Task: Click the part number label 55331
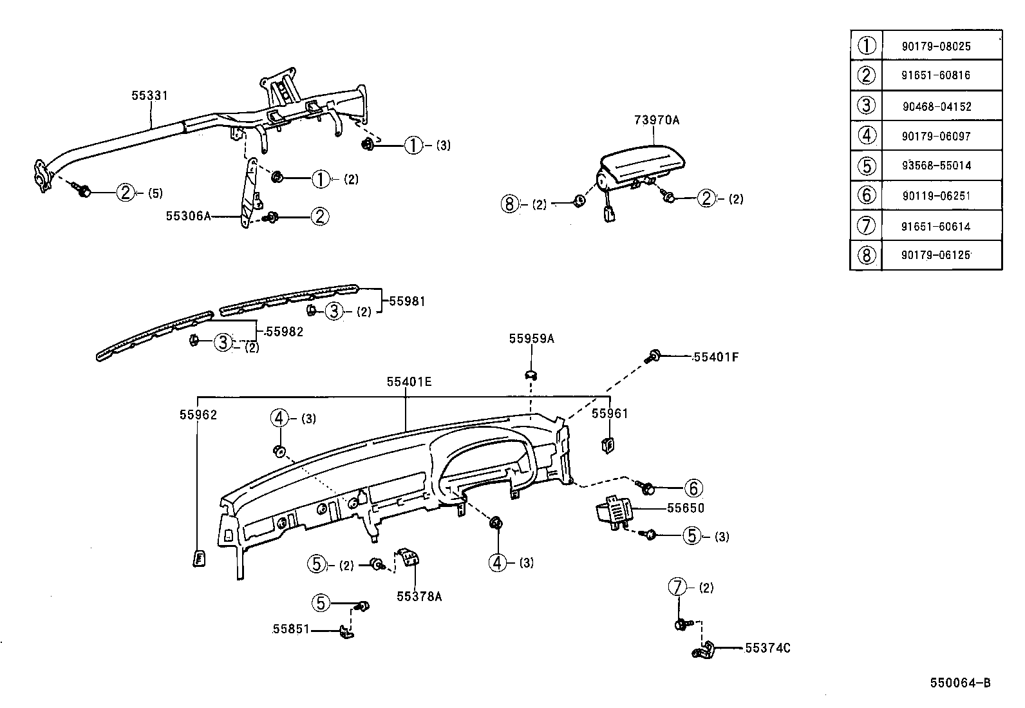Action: (149, 96)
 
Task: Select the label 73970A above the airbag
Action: (656, 120)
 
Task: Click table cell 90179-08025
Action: (936, 47)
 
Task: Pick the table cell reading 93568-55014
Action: (936, 166)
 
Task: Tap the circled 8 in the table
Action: (867, 256)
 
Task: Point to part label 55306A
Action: (189, 216)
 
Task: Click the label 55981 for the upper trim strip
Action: (407, 301)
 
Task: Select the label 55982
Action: (284, 332)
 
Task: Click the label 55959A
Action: (531, 338)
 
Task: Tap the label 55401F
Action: (715, 357)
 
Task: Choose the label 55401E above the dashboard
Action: (409, 382)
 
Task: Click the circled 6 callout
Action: (693, 488)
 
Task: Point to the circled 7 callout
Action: (679, 588)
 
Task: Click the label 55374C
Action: (767, 649)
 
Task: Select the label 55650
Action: (685, 508)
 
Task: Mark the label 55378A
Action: (419, 597)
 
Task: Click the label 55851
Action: (291, 629)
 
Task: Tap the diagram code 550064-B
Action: (959, 683)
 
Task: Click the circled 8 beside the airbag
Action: (509, 204)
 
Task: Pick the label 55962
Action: (198, 416)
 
